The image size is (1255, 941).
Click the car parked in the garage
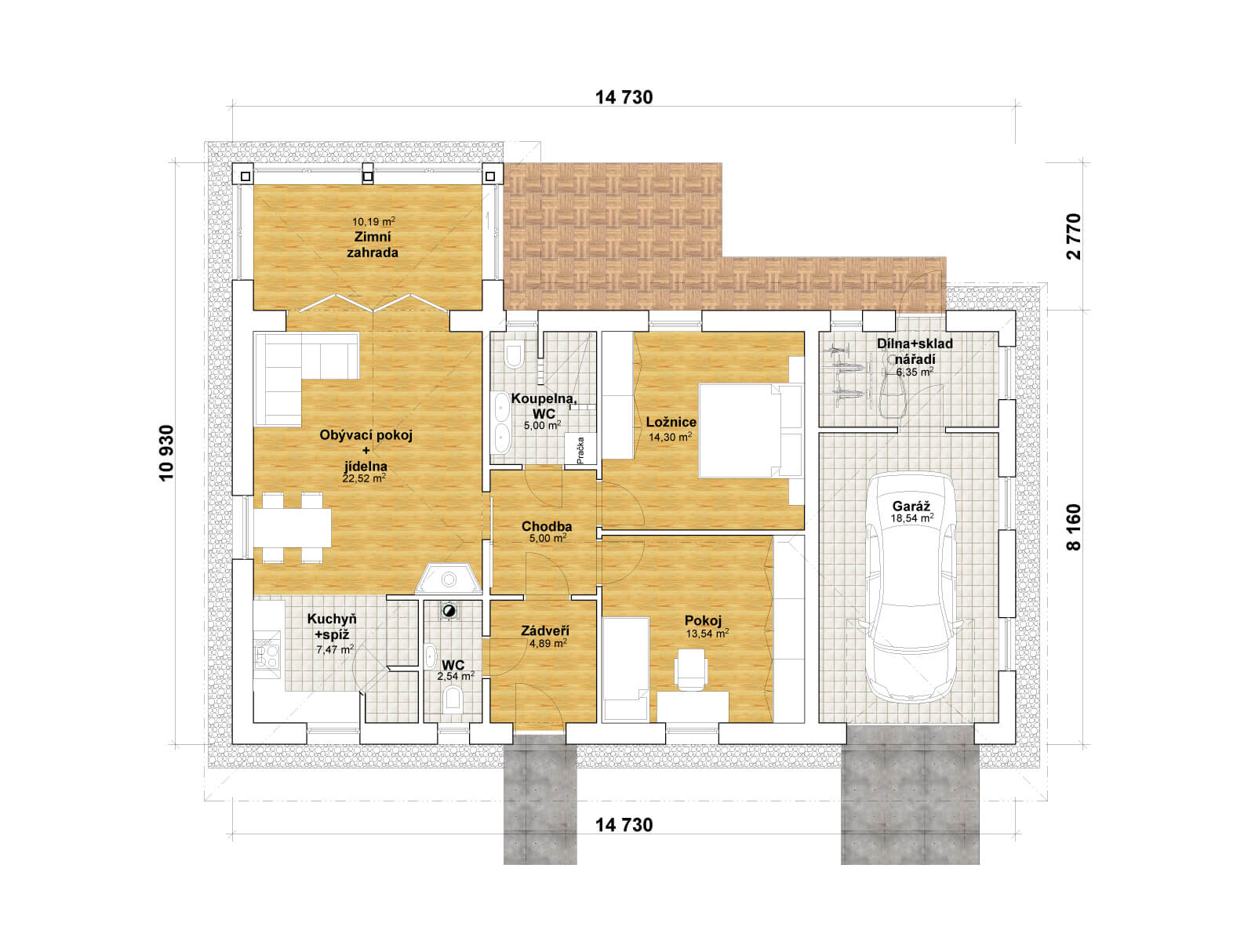[911, 587]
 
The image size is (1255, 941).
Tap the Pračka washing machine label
[580, 449]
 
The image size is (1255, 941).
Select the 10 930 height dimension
[166, 453]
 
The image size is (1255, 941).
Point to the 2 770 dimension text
[1074, 237]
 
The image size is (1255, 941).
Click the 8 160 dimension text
[1074, 527]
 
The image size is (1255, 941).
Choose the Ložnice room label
[671, 422]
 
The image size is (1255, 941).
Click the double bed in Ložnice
[750, 431]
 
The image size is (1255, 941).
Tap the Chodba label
[547, 526]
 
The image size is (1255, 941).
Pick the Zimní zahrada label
[373, 245]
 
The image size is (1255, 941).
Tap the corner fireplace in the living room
[448, 579]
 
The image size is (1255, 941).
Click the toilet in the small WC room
[453, 700]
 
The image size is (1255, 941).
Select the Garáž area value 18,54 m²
[912, 518]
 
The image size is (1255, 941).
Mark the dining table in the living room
[292, 527]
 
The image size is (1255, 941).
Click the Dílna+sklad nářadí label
[915, 351]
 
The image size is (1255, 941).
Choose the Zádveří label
[545, 630]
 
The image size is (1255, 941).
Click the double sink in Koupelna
[502, 422]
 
